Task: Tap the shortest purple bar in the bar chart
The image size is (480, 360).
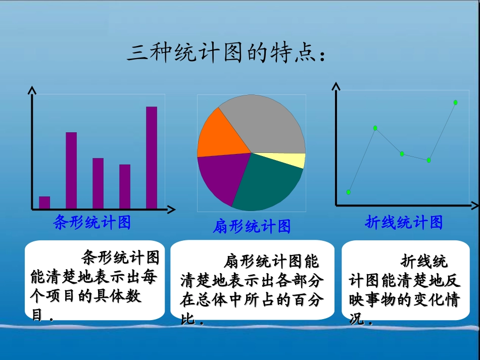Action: pyautogui.click(x=44, y=202)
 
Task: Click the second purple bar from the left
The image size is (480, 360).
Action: pyautogui.click(x=71, y=170)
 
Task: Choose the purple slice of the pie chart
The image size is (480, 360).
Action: pyautogui.click(x=220, y=177)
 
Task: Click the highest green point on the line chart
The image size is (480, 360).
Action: pyautogui.click(x=455, y=102)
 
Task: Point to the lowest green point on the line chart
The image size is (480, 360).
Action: pyautogui.click(x=349, y=192)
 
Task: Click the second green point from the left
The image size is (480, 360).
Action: pyautogui.click(x=375, y=128)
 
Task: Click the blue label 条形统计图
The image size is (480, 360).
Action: pyautogui.click(x=92, y=222)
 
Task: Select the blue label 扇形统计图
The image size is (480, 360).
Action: pyautogui.click(x=252, y=227)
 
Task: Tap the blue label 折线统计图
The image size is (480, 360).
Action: pyautogui.click(x=404, y=222)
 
